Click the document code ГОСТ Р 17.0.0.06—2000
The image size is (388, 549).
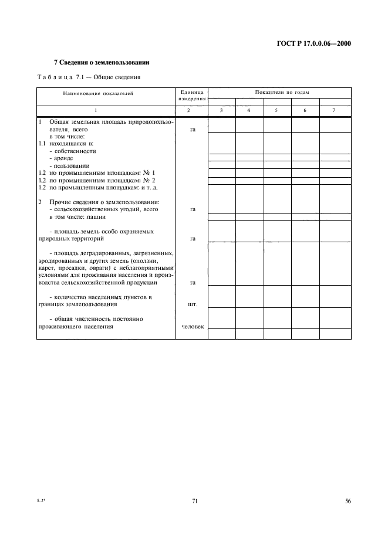(318, 42)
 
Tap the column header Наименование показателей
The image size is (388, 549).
(98, 93)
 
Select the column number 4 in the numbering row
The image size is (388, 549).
(249, 110)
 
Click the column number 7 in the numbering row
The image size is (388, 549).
(333, 110)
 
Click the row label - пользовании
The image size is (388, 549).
(69, 166)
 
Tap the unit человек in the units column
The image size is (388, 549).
(193, 327)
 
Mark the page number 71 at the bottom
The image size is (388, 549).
(194, 501)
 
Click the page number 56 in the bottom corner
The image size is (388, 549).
(348, 501)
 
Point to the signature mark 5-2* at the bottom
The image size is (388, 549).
(42, 501)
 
